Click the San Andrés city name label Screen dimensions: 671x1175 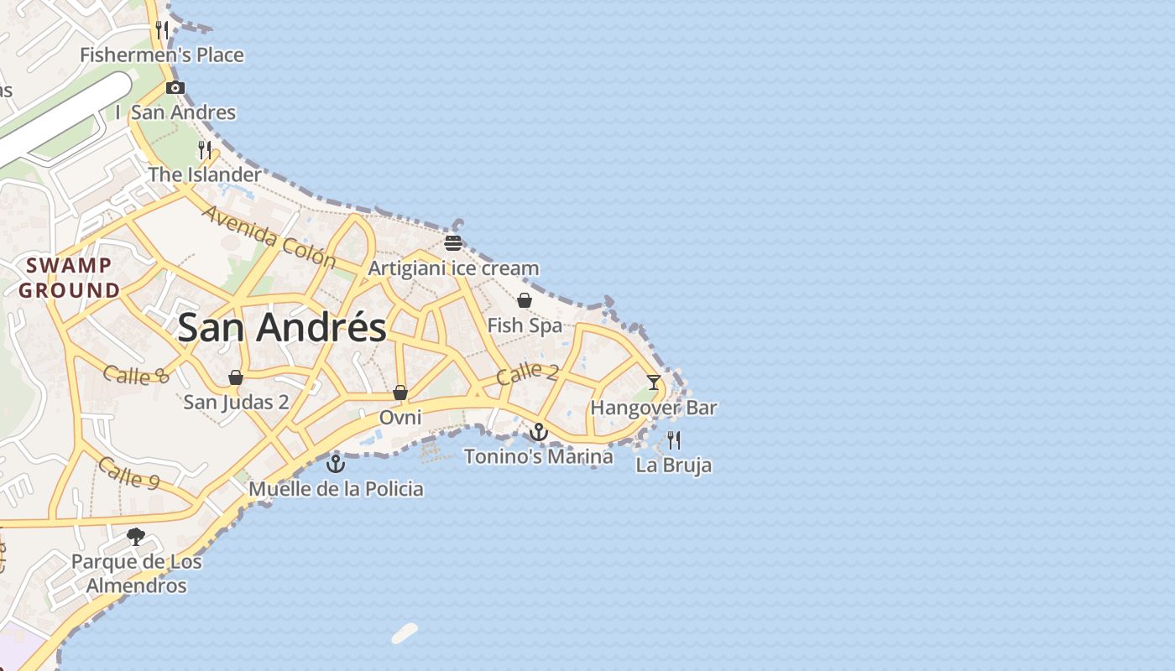(282, 327)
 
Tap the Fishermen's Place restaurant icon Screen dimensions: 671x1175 (162, 30)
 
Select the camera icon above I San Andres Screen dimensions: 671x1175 (175, 87)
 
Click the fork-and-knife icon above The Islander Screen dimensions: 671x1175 (205, 150)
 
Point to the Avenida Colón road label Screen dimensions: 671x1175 (269, 237)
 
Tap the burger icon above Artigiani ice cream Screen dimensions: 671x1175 (453, 243)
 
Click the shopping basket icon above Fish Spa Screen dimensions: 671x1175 (525, 300)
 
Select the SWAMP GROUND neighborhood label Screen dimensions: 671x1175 (70, 278)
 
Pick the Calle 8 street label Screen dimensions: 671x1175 (136, 374)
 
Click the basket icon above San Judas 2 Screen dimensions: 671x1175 (236, 377)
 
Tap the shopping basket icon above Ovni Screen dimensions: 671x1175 (400, 393)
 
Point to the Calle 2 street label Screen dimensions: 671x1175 (527, 373)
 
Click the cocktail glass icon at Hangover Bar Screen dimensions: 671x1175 (653, 382)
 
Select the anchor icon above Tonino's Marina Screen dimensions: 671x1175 (539, 432)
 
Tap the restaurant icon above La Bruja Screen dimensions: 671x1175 (673, 440)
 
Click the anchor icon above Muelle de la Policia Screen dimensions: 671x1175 (336, 463)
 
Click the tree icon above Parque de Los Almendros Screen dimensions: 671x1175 (135, 537)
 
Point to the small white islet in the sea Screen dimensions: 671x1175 (405, 633)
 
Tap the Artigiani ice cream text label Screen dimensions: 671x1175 (453, 268)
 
